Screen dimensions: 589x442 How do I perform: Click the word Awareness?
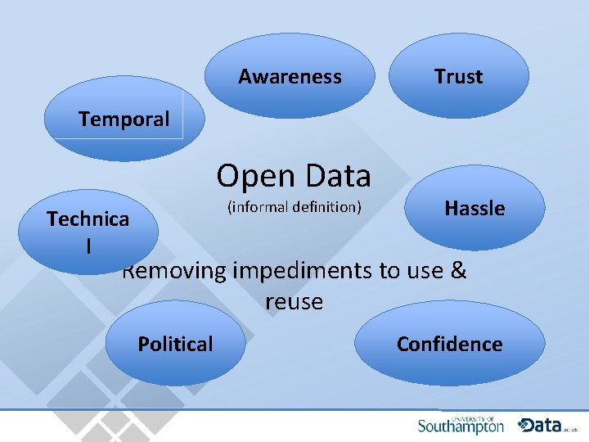click(x=290, y=77)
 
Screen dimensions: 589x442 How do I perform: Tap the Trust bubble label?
click(x=458, y=77)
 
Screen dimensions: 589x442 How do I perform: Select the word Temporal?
click(x=124, y=120)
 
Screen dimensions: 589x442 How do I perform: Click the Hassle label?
click(x=474, y=209)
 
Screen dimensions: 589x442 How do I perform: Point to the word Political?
click(x=175, y=345)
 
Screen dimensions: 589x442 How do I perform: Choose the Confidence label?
click(x=449, y=345)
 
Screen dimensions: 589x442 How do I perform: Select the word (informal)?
click(x=259, y=207)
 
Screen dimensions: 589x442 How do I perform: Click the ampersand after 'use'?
click(x=458, y=270)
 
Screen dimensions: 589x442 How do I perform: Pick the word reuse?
click(x=294, y=301)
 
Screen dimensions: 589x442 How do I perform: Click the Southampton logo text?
click(x=461, y=426)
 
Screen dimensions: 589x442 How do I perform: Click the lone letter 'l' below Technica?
click(x=88, y=245)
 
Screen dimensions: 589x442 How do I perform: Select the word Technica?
click(x=88, y=219)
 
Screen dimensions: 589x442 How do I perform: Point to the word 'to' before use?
click(x=387, y=270)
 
